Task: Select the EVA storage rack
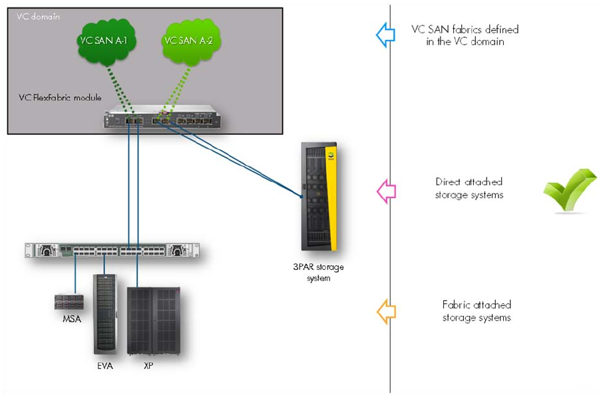tap(104, 313)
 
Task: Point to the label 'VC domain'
tap(38, 17)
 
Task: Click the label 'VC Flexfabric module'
tap(60, 98)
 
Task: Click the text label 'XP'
tap(148, 366)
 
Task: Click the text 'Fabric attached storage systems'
tap(477, 311)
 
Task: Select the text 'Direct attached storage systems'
tap(469, 188)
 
